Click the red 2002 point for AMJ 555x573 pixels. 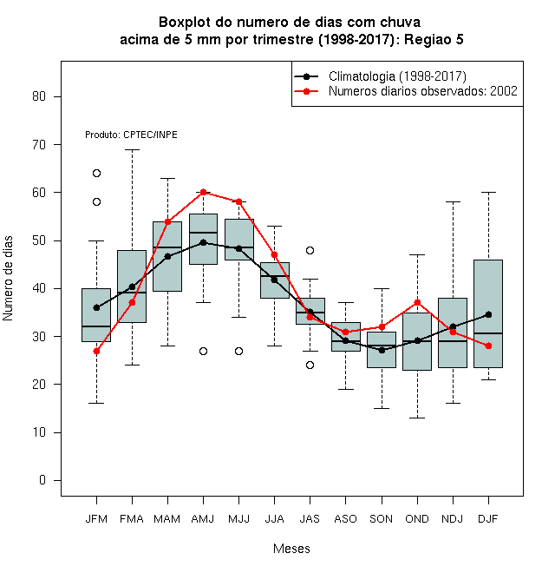(204, 192)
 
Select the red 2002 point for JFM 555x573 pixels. (96, 351)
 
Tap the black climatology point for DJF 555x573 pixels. (488, 314)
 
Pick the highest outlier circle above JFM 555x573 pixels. (96, 174)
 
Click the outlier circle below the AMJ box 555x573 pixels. (204, 352)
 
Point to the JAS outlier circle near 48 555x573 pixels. (310, 250)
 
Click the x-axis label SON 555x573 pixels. (381, 519)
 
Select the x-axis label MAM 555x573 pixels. (167, 519)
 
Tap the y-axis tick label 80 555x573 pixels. (39, 96)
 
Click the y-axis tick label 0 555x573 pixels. (42, 480)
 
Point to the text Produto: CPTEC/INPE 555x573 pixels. (131, 135)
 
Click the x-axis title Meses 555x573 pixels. (291, 549)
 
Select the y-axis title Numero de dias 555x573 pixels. (8, 279)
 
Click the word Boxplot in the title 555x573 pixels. (185, 23)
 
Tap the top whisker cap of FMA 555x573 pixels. (132, 150)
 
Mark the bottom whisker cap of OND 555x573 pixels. (417, 418)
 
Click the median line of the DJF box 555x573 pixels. (488, 333)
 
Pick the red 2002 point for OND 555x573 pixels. (417, 303)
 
